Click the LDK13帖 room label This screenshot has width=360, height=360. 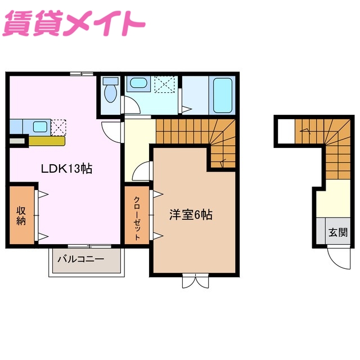[x=66, y=168]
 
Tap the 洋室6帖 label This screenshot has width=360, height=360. [x=191, y=214]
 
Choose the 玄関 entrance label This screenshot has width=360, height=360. [x=337, y=232]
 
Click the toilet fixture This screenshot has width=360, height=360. [x=110, y=92]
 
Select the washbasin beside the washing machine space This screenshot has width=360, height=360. [x=137, y=84]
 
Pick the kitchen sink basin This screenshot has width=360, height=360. [x=39, y=126]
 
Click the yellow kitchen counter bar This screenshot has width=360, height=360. [x=46, y=141]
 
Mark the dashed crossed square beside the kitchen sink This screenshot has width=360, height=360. [x=58, y=127]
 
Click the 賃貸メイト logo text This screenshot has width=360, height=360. [x=75, y=24]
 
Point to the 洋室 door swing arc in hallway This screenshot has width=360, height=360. [x=143, y=169]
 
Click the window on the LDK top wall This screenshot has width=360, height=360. [x=82, y=74]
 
